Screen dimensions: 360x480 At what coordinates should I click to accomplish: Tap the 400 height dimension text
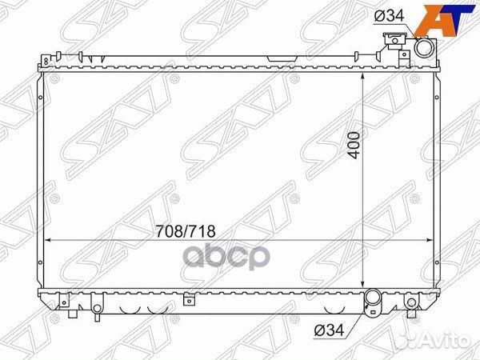pos(353,144)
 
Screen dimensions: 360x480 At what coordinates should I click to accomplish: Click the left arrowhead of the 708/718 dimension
pos(48,240)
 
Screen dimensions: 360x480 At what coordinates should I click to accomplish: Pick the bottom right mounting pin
pos(411,304)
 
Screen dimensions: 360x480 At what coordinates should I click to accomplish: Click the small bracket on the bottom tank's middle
pos(188,300)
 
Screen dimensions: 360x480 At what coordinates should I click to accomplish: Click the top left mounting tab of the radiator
pos(49,58)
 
